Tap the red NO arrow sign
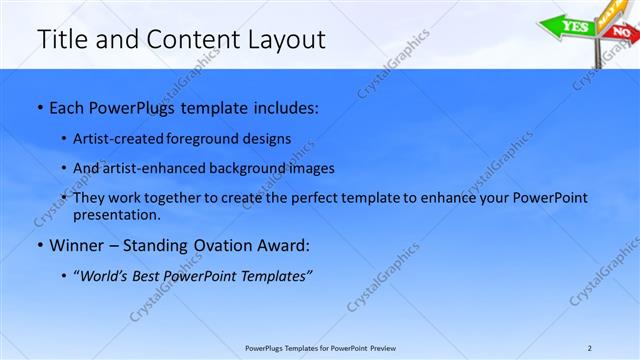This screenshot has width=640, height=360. click(x=621, y=32)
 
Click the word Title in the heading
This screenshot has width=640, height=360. click(x=59, y=39)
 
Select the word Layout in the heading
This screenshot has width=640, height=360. click(x=289, y=39)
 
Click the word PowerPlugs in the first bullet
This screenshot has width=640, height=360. click(x=138, y=106)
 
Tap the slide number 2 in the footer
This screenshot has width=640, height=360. click(x=590, y=348)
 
